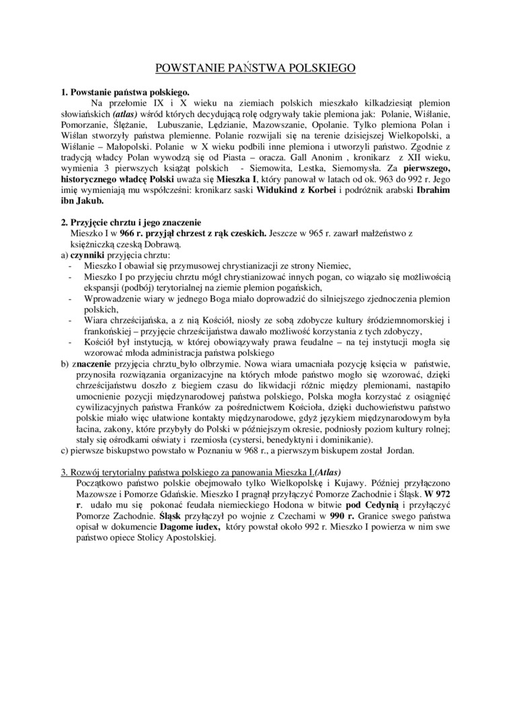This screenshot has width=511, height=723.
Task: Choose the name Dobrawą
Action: [143, 244]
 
